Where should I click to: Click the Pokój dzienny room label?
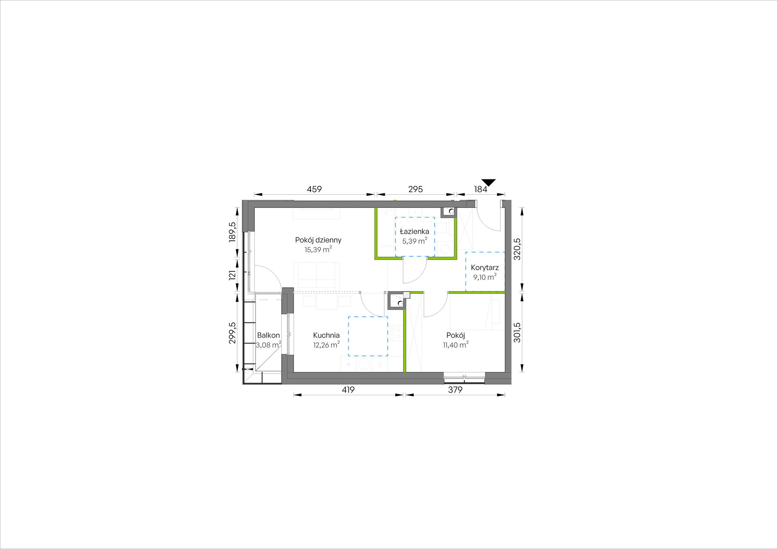318,240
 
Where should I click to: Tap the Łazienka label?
415,231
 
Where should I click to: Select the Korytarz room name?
485,268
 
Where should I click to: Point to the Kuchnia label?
326,335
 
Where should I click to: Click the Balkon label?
268,335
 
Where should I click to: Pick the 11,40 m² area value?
456,345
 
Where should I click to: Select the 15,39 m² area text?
318,250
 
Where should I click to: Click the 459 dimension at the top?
314,189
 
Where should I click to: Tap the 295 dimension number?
415,189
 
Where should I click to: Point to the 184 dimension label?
481,189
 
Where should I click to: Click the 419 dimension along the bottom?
348,390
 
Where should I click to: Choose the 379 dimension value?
455,390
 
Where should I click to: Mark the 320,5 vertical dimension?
517,249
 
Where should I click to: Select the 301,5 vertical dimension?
517,332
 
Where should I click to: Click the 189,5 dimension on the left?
232,232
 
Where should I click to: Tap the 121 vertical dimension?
232,275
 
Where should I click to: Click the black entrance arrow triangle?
489,182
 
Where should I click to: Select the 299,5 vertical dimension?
232,333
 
